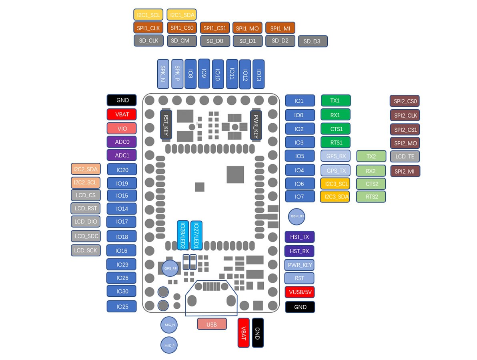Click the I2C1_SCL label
coord(148,15)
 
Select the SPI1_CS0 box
coord(182,28)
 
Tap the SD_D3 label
coord(312,41)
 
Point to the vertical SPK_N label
coord(163,74)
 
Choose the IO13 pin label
coord(259,74)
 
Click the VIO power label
coord(122,128)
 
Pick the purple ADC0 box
coord(122,142)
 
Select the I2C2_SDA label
coord(86,169)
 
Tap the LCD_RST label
coord(86,208)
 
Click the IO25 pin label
coord(122,306)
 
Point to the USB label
coord(212,324)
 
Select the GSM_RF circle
coord(297,216)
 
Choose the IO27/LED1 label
coord(196,235)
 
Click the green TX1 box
coord(335,100)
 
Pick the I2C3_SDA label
coord(335,196)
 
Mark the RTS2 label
coord(371,196)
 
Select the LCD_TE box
coord(405,156)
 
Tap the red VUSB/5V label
coord(299,292)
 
